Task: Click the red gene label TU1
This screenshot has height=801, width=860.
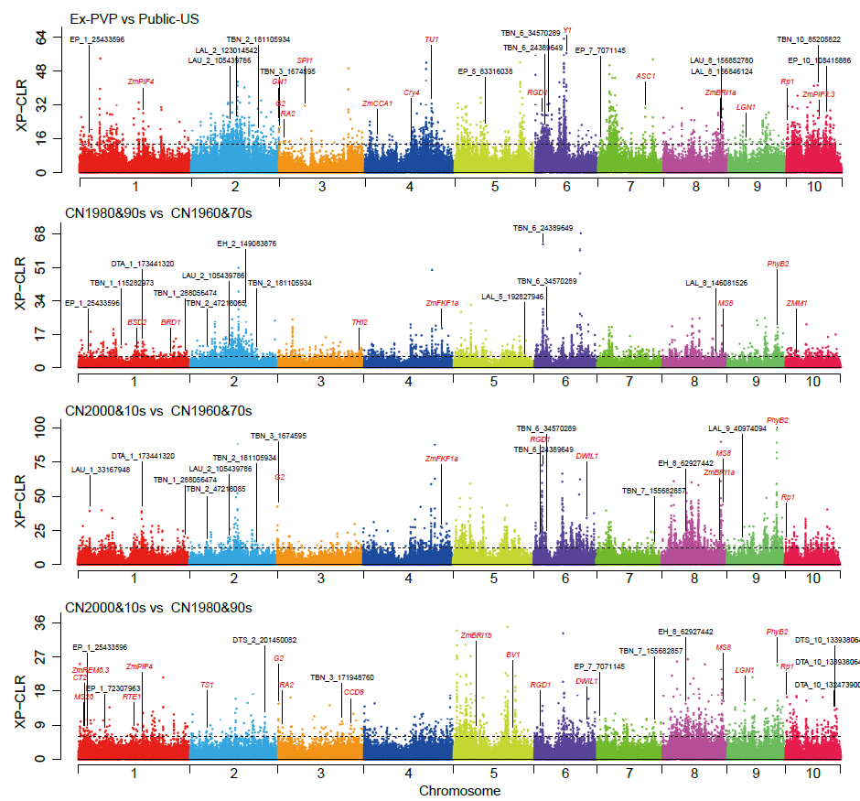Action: [x=432, y=39]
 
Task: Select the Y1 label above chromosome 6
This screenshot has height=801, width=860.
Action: [x=567, y=30]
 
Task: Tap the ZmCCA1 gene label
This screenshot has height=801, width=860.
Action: [x=377, y=103]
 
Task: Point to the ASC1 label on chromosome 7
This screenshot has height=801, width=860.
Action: [x=646, y=76]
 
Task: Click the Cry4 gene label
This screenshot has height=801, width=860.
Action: [x=412, y=92]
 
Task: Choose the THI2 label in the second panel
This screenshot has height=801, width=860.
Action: [x=360, y=322]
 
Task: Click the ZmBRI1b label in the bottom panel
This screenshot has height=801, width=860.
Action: [x=476, y=635]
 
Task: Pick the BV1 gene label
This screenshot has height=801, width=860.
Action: [x=512, y=655]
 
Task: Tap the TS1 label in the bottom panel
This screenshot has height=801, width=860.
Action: [x=207, y=685]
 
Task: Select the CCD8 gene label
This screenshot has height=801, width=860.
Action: [x=353, y=692]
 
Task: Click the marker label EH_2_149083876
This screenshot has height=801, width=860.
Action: [x=246, y=244]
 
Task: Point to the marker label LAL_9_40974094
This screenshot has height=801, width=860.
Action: [x=737, y=428]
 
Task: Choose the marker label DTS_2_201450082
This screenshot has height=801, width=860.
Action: [x=264, y=640]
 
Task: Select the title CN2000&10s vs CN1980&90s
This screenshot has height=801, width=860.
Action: [x=157, y=607]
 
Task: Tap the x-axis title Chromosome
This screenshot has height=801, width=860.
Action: [x=459, y=790]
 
